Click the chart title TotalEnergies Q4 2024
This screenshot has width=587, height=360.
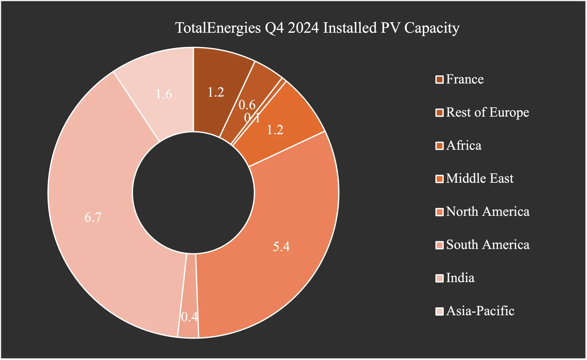pyautogui.click(x=317, y=28)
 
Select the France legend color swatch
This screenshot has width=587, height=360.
pyautogui.click(x=439, y=80)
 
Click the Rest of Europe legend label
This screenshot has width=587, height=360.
pyautogui.click(x=487, y=112)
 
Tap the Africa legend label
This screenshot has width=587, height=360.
pyautogui.click(x=464, y=146)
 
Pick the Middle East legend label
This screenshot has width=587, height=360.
pyautogui.click(x=480, y=179)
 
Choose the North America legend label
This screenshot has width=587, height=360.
pyautogui.click(x=488, y=212)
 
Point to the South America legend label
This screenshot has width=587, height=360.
pyautogui.click(x=488, y=245)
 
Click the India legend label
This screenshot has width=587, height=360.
pyautogui.click(x=460, y=278)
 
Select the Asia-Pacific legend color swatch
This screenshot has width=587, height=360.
pyautogui.click(x=439, y=311)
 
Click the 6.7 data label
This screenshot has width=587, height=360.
pyautogui.click(x=93, y=217)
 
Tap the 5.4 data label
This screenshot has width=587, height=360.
pyautogui.click(x=281, y=247)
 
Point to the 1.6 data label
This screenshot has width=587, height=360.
pyautogui.click(x=164, y=94)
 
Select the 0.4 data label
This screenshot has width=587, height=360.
pyautogui.click(x=189, y=317)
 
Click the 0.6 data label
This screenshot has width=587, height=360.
pyautogui.click(x=247, y=105)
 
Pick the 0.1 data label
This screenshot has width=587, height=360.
pyautogui.click(x=252, y=118)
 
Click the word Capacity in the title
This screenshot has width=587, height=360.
pyautogui.click(x=432, y=28)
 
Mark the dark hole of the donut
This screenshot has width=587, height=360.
pyautogui.click(x=193, y=193)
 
